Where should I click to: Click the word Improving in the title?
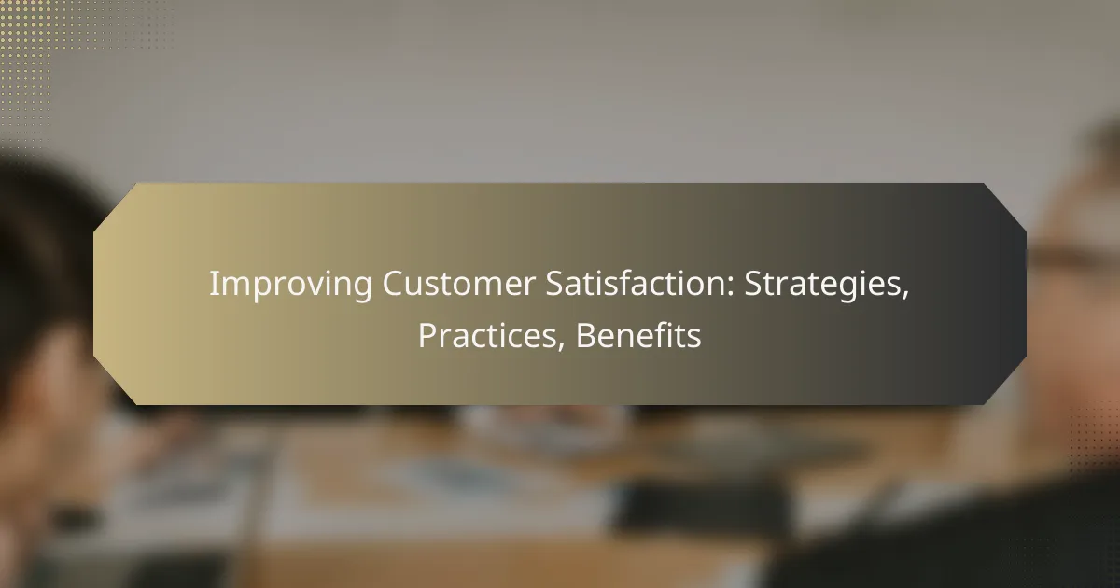[290, 285]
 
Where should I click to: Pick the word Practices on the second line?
[487, 335]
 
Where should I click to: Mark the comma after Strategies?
[904, 296]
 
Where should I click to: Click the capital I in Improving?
[214, 284]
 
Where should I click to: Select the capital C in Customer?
[394, 284]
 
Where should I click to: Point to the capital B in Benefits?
[586, 335]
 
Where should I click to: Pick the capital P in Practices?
[427, 335]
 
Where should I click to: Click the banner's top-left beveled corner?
[114, 205]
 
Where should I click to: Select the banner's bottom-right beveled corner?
[1005, 383]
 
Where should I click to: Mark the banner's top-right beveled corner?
[1005, 205]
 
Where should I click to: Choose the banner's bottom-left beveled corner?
[114, 383]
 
